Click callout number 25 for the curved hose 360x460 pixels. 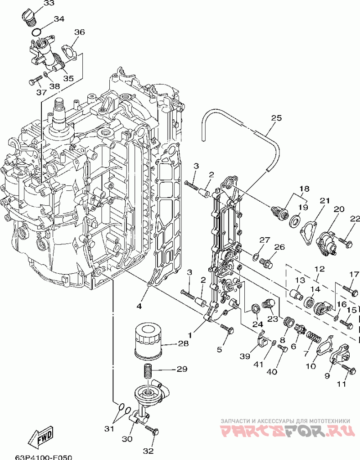(276, 118)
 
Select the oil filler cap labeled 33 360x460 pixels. (29, 16)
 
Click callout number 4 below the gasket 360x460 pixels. (139, 306)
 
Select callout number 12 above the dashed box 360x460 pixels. (319, 269)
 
